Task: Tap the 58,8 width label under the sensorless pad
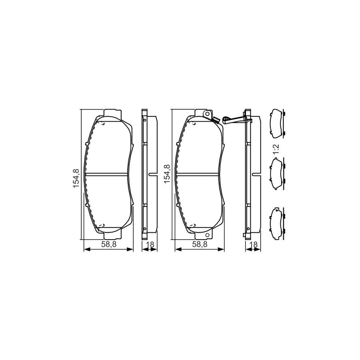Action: tap(108, 245)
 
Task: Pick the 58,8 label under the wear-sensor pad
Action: tap(200, 245)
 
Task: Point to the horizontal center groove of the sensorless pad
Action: tap(108, 174)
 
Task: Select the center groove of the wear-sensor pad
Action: tap(199, 174)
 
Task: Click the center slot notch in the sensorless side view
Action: tap(152, 174)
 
